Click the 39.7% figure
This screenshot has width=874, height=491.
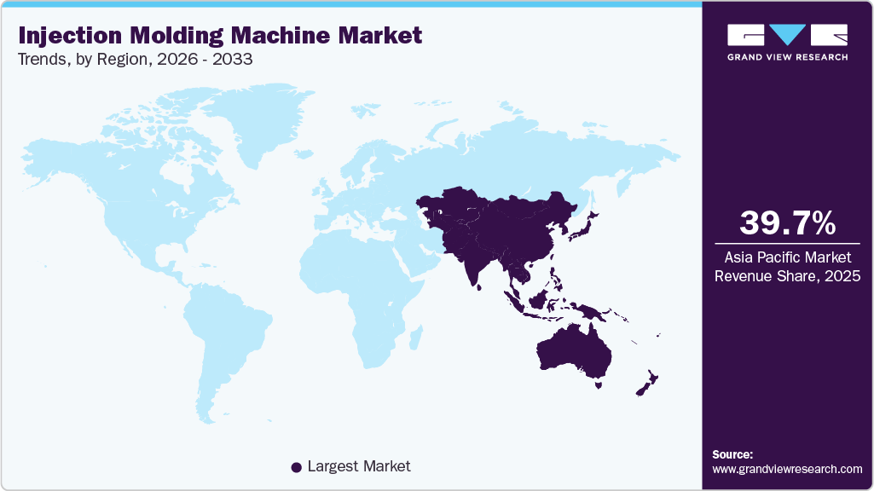tap(787, 222)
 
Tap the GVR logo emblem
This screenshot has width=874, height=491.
tap(787, 35)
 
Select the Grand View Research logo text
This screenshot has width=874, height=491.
tap(787, 57)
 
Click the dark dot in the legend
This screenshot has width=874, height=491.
tap(296, 466)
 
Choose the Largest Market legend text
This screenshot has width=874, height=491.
tap(359, 466)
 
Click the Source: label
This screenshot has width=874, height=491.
tap(732, 454)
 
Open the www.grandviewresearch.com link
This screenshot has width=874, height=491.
tap(787, 469)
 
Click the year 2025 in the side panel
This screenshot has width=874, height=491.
tap(842, 276)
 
